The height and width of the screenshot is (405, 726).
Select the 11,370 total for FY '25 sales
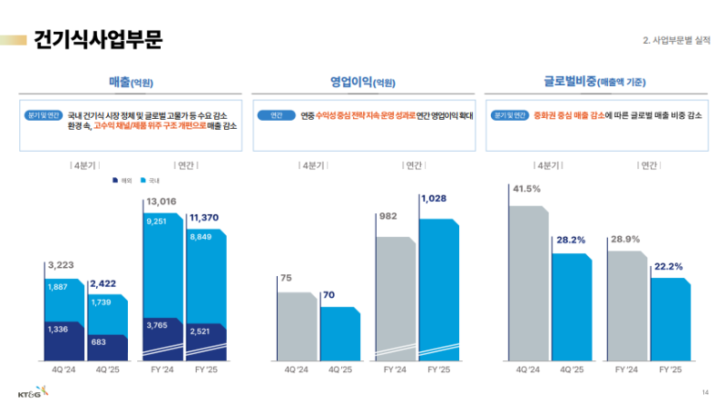click(x=206, y=217)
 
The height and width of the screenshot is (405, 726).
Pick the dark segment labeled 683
click(x=106, y=341)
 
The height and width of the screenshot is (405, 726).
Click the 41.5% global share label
click(x=526, y=189)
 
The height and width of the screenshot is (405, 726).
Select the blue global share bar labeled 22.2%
click(x=670, y=318)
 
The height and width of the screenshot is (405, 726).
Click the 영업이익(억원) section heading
click(x=362, y=82)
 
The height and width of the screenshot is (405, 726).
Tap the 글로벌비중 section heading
click(x=594, y=82)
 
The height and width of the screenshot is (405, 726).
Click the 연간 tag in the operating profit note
click(x=276, y=115)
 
